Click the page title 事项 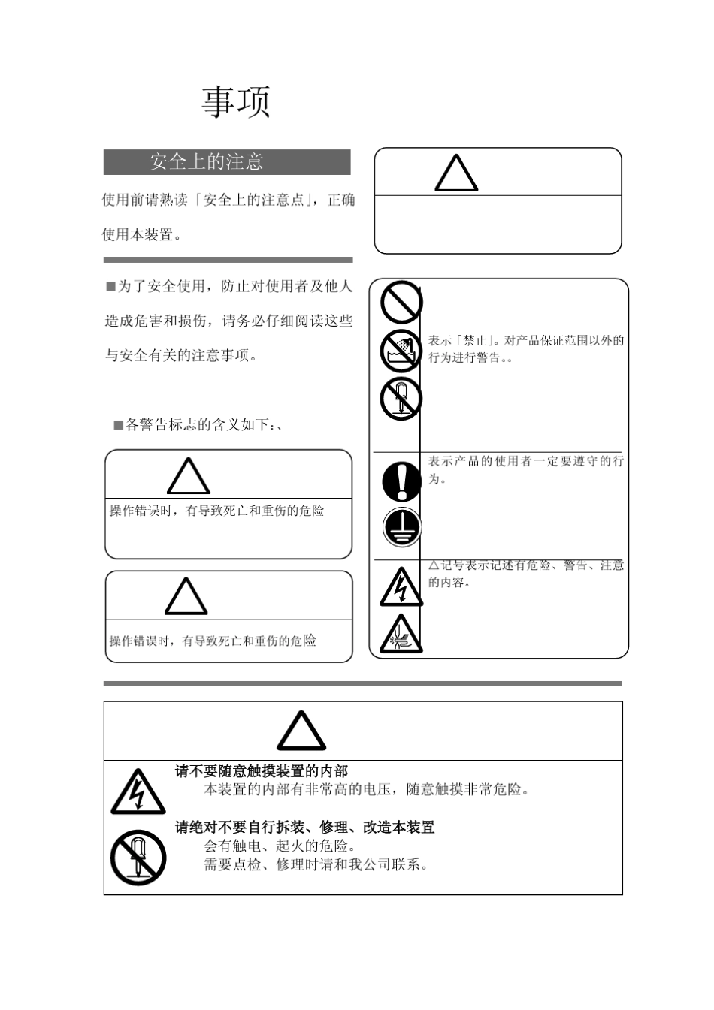(235, 102)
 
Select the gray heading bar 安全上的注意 (227, 162)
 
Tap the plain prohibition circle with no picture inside (401, 302)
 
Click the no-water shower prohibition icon (401, 351)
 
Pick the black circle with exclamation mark (402, 481)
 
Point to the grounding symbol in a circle (402, 527)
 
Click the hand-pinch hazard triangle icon (401, 634)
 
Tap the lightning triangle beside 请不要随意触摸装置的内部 (138, 793)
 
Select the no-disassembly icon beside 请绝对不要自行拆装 (138, 857)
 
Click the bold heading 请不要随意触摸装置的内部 (262, 771)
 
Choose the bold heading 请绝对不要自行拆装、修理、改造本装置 (305, 827)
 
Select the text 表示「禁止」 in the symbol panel (526, 341)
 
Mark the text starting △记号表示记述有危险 (526, 565)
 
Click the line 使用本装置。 (142, 234)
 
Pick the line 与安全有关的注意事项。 (182, 355)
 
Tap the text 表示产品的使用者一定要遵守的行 (526, 461)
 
